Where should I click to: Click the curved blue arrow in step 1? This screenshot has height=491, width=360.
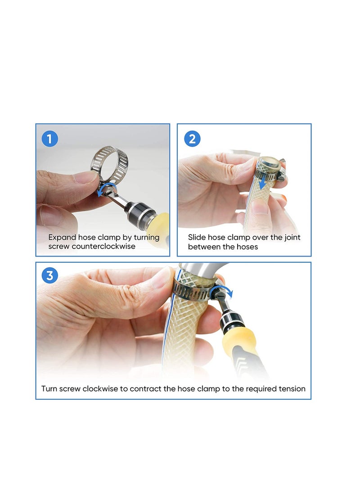click(108, 188)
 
